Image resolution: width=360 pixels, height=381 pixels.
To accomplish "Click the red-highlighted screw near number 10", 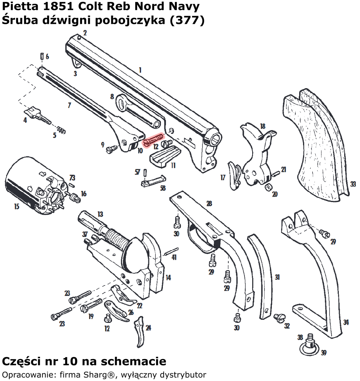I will pos(154,139).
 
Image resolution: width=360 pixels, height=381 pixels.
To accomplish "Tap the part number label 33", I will pos(353,184).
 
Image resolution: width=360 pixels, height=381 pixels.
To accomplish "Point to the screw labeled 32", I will pos(279,317).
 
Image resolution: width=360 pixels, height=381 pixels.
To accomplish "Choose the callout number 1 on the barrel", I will pos(140,70).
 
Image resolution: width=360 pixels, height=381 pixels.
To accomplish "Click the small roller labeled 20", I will pos(268,187).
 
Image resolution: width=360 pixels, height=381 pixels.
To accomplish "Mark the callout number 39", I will pos(323,353).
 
